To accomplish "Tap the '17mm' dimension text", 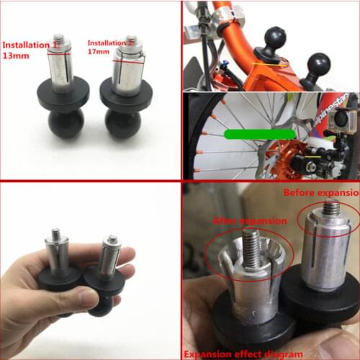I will (x=99, y=53).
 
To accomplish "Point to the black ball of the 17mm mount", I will (x=123, y=122).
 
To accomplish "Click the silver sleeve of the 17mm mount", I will (x=127, y=71).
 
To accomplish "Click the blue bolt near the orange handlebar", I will (x=223, y=63).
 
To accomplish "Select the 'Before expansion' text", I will (x=320, y=193).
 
